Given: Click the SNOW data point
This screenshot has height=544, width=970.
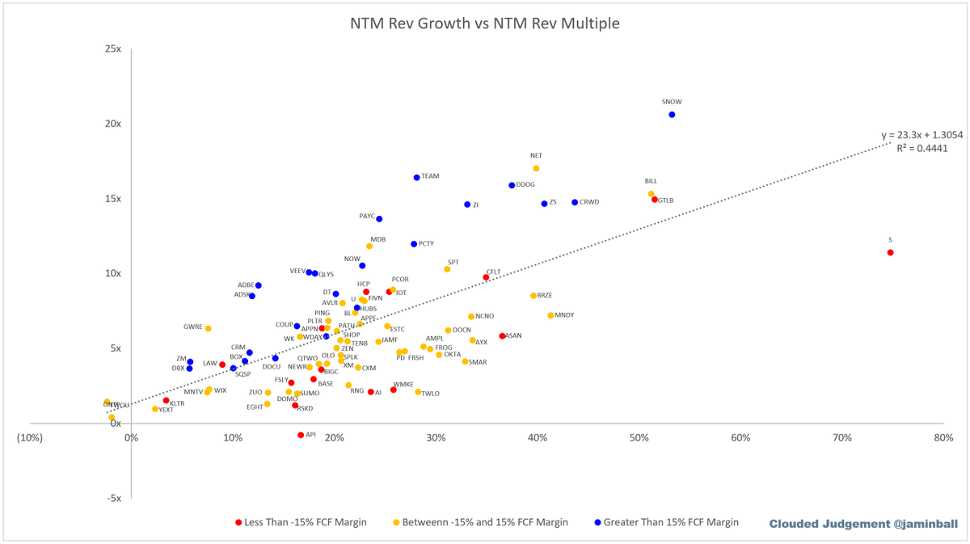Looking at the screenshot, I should click(672, 115).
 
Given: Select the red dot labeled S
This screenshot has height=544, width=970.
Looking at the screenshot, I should click(890, 253).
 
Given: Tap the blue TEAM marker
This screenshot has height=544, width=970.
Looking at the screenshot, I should click(417, 177).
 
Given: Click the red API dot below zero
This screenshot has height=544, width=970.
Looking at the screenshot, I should click(301, 435).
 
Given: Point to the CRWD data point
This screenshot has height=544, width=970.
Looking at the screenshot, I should click(575, 202).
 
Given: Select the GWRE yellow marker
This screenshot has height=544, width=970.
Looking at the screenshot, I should click(208, 328).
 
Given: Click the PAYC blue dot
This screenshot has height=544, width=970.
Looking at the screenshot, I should click(379, 219).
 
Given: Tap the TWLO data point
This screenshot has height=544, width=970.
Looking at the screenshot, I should click(418, 392).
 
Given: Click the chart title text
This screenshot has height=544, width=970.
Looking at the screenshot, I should click(484, 23).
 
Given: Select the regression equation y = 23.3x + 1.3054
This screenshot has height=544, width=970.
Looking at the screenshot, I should click(921, 135).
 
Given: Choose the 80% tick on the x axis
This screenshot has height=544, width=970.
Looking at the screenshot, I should click(943, 438).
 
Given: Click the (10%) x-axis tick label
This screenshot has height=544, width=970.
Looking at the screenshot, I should click(30, 438).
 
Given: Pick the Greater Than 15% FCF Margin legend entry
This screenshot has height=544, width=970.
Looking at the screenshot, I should click(666, 522).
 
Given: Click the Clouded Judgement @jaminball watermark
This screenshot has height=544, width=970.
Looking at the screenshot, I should click(862, 524).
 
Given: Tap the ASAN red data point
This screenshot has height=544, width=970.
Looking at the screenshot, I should click(502, 335).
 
